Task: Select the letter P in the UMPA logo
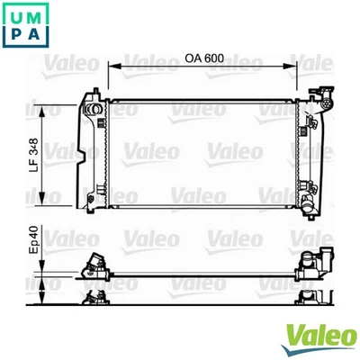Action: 13,34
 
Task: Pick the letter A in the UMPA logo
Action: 33,34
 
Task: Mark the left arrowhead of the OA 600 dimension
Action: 112,67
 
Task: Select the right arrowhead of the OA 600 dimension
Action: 292,67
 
